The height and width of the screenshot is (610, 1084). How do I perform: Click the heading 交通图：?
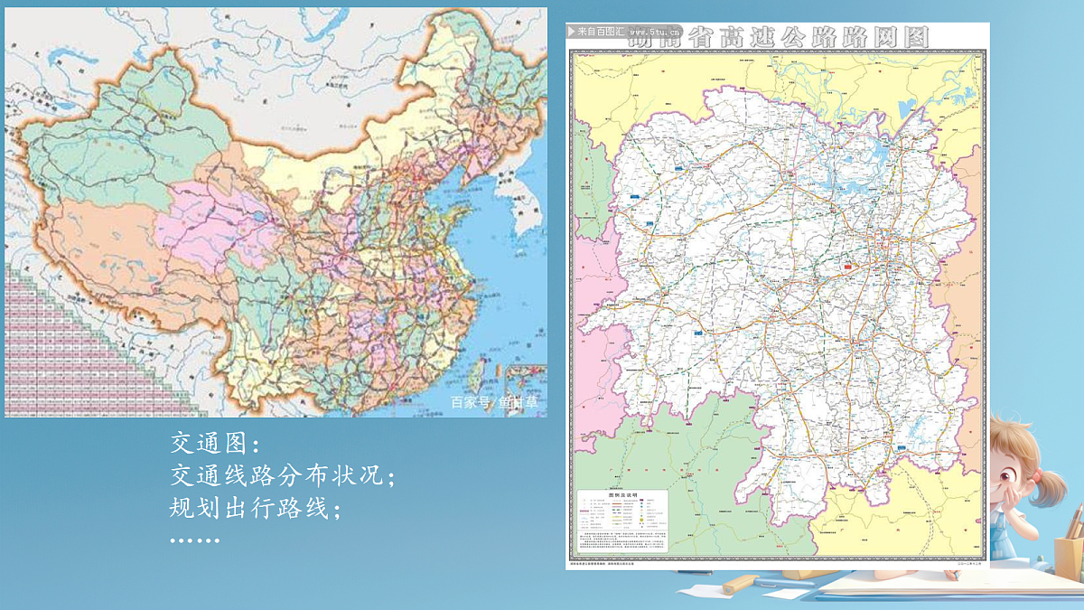215,444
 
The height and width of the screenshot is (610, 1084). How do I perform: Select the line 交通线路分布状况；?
284,476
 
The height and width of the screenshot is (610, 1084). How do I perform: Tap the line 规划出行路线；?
257,508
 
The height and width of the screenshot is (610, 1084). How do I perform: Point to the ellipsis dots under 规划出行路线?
194,540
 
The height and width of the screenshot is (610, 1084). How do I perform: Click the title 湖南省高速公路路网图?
780,37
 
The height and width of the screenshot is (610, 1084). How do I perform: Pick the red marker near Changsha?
848,267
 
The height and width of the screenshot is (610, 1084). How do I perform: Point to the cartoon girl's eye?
1018,468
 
